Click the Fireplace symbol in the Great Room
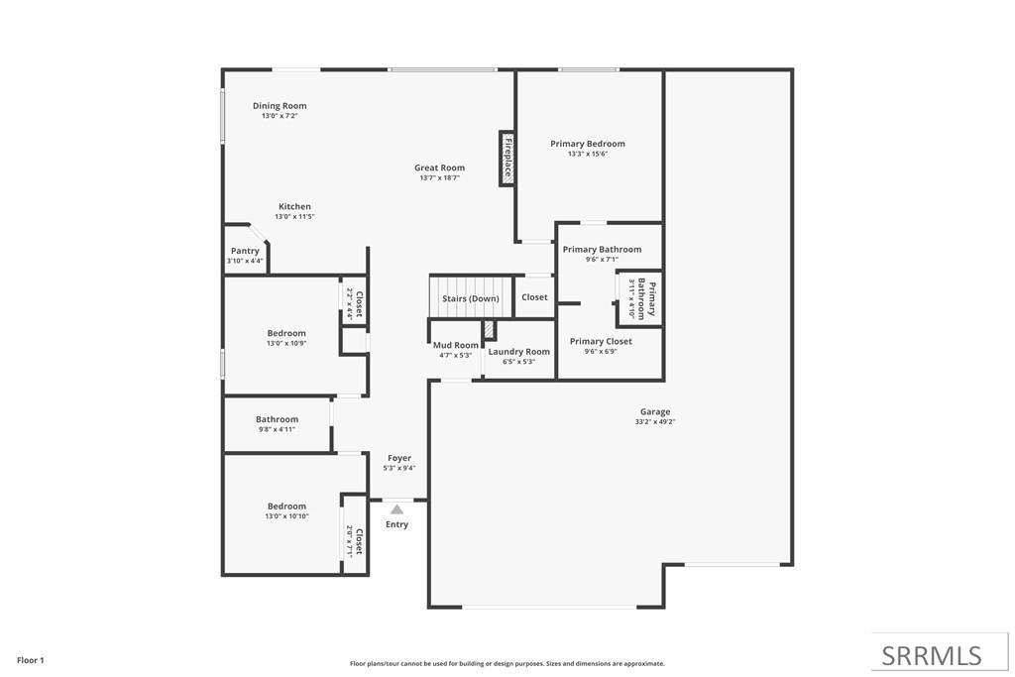[507, 158]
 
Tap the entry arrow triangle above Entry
[396, 508]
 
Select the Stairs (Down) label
[471, 298]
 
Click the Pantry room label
[245, 252]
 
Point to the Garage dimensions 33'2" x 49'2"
[655, 421]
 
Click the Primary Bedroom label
[588, 144]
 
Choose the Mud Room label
[456, 345]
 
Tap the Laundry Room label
[518, 351]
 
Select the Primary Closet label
[601, 341]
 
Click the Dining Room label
[280, 106]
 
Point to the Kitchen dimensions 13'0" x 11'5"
[294, 216]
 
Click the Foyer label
[398, 458]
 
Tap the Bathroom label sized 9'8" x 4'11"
[277, 419]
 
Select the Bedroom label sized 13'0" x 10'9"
[286, 333]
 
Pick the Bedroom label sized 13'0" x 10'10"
[286, 506]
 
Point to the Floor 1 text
[31, 660]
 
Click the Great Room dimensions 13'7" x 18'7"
[439, 177]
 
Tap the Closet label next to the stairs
[534, 297]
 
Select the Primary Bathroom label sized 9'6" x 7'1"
[602, 250]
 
